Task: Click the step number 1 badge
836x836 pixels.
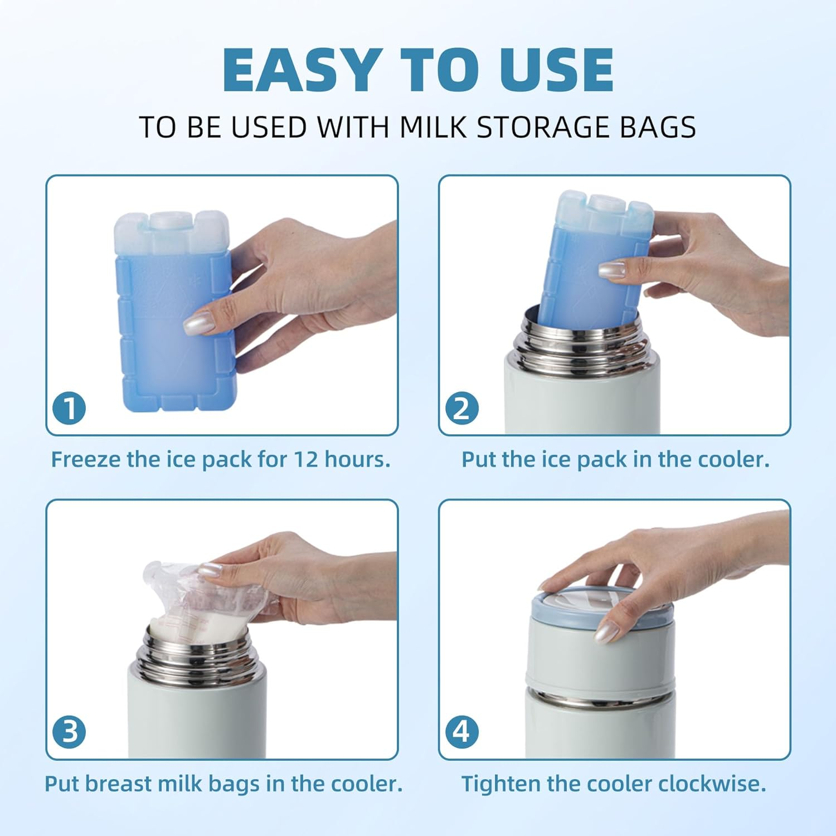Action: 69,408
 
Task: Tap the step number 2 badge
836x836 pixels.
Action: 462,408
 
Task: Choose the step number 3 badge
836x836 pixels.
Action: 69,731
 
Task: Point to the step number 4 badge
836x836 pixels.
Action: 462,731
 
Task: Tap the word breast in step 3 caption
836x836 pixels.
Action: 118,784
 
